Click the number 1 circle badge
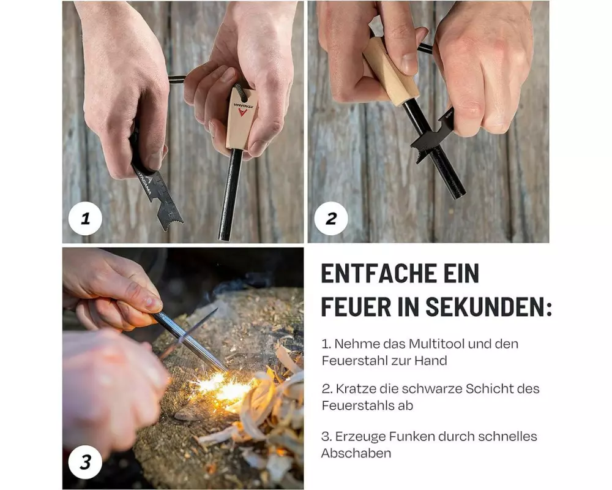click(85, 218)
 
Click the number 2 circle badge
click(331, 218)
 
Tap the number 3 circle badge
click(85, 462)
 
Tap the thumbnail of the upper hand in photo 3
click(152, 302)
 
